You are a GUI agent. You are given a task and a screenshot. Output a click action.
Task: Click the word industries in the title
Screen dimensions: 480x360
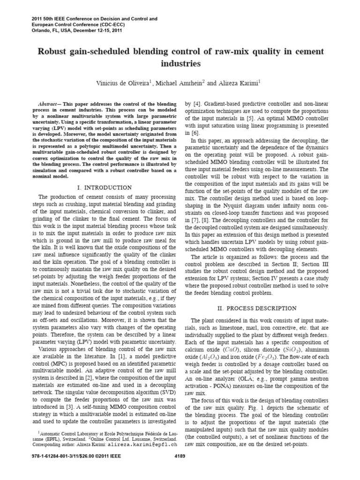(x=180, y=62)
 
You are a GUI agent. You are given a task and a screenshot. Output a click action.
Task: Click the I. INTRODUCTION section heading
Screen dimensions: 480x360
(x=104, y=187)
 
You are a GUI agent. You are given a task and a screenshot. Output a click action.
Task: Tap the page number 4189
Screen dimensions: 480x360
(x=180, y=456)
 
